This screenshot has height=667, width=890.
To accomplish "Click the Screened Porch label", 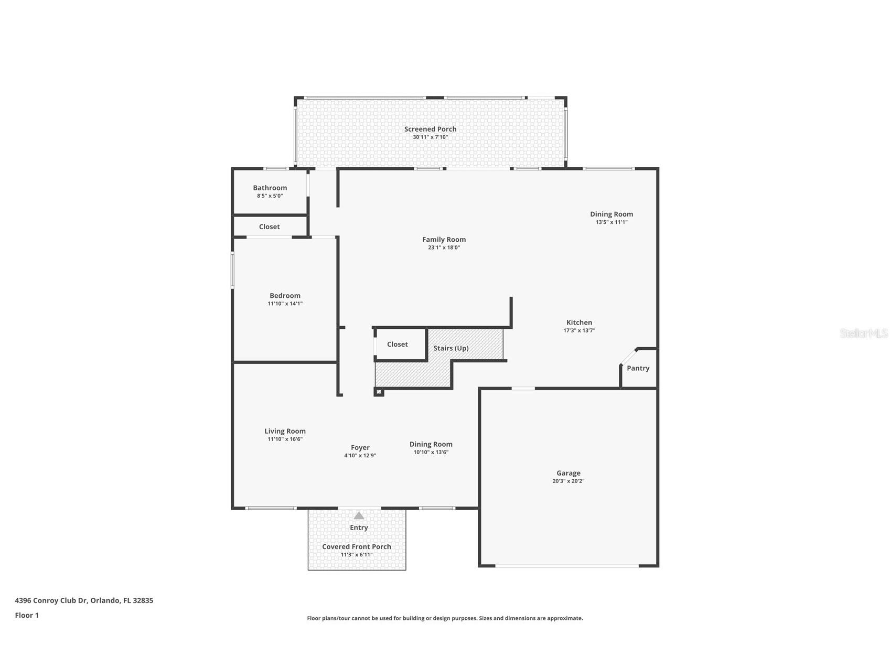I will pyautogui.click(x=430, y=129).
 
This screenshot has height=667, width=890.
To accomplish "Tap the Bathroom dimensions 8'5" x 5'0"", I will pyautogui.click(x=270, y=196).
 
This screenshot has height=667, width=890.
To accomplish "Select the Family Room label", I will pyautogui.click(x=444, y=240).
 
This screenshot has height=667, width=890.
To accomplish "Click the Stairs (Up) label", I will pyautogui.click(x=451, y=348).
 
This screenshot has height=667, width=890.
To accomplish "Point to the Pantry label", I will pyautogui.click(x=638, y=368).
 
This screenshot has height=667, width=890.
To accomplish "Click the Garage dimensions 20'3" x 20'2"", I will pyautogui.click(x=568, y=481).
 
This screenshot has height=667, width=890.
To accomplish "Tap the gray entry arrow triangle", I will pyautogui.click(x=359, y=516).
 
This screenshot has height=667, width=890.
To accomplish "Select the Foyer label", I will pyautogui.click(x=360, y=448).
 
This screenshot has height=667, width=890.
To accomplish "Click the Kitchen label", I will pyautogui.click(x=579, y=322).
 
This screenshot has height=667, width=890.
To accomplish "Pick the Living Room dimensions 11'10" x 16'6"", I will pyautogui.click(x=285, y=439).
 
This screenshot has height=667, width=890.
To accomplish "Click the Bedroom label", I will pyautogui.click(x=285, y=296).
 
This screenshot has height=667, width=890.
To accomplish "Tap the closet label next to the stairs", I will pyautogui.click(x=397, y=345).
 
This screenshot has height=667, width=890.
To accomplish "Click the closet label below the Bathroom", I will pyautogui.click(x=269, y=227).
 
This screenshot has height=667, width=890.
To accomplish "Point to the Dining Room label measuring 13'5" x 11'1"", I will pyautogui.click(x=611, y=214).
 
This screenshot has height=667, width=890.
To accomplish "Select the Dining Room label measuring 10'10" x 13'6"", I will pyautogui.click(x=431, y=444).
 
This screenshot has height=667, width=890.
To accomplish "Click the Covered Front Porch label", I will pyautogui.click(x=357, y=546).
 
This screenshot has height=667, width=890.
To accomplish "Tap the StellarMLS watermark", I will pyautogui.click(x=863, y=333).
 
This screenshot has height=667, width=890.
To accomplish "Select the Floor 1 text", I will pyautogui.click(x=27, y=616).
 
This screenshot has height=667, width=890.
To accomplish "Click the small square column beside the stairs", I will pyautogui.click(x=379, y=392).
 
